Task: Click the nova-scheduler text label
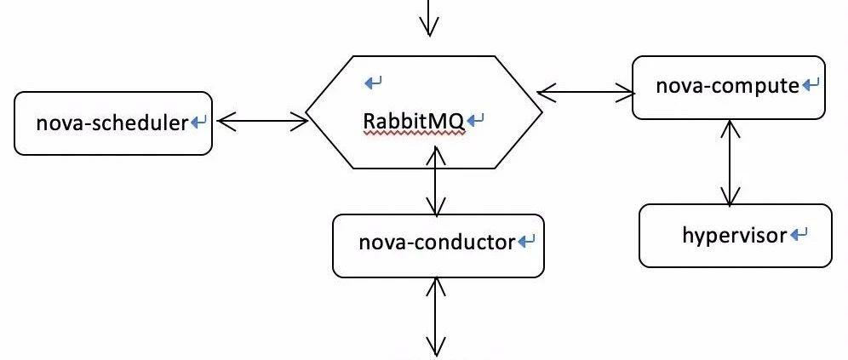click(112, 123)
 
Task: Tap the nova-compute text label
click(727, 86)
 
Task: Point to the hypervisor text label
click(734, 235)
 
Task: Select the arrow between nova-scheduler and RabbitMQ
click(262, 122)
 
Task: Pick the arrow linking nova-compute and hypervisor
click(728, 162)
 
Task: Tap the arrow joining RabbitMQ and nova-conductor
click(436, 181)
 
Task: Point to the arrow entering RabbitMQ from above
click(428, 17)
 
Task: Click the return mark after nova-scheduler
click(199, 123)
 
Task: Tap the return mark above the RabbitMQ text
click(373, 83)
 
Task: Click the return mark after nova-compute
click(811, 85)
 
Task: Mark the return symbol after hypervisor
click(799, 234)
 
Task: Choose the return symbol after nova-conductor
click(526, 242)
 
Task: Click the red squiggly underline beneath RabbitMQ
click(414, 134)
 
